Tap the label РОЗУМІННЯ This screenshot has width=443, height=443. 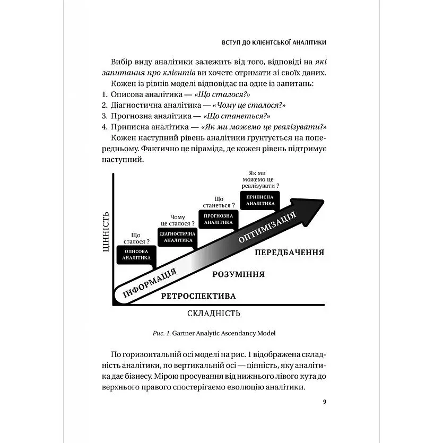(238, 274)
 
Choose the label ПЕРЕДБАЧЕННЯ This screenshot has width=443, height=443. (289, 253)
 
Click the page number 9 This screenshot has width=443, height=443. (324, 401)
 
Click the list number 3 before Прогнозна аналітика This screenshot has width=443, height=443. (104, 116)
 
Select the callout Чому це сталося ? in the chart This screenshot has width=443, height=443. (178, 220)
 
